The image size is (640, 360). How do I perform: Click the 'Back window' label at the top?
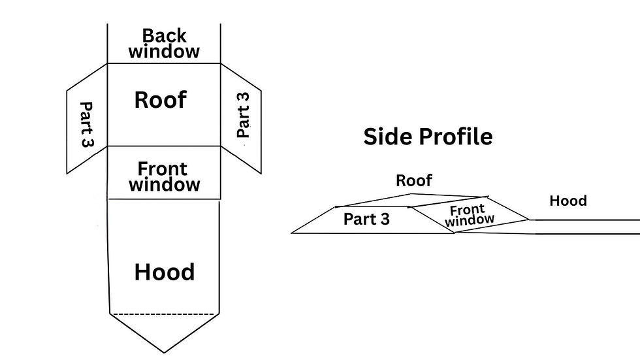164,44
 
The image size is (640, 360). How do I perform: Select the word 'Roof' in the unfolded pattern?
161,100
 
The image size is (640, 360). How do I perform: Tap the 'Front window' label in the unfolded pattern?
164,177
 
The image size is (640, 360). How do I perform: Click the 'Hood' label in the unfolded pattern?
165,272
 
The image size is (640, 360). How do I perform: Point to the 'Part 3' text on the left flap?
86,124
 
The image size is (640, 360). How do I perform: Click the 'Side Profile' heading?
428,137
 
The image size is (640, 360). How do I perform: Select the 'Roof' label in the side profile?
414,180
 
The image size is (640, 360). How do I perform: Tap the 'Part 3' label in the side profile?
366,220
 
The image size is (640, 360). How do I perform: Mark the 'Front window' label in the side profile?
468,216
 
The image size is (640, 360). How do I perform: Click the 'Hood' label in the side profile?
568,201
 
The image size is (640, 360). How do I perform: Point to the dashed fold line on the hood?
163,314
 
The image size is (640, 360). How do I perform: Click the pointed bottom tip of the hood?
164,352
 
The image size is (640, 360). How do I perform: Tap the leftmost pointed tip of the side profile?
292,232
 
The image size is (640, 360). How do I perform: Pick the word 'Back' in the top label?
165,35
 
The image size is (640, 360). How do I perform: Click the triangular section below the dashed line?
164,330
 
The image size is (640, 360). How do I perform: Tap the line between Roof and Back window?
164,63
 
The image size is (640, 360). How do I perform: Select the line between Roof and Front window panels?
164,146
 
